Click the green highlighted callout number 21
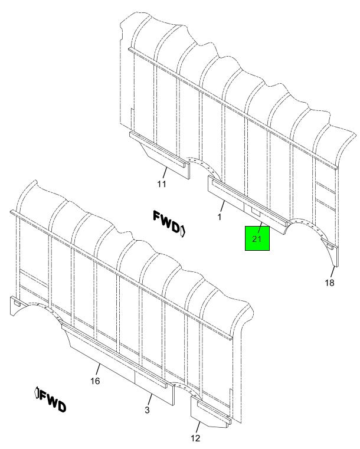[x=257, y=238]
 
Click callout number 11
[x=162, y=184]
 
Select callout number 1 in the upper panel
[x=220, y=217]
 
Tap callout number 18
[x=330, y=283]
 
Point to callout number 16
[x=95, y=381]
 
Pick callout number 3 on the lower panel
[x=147, y=410]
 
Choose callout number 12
[x=195, y=438]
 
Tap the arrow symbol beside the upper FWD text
[x=183, y=231]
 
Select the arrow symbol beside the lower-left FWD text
[x=37, y=392]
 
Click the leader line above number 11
[x=165, y=173]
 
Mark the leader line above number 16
[x=97, y=369]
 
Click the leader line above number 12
[x=198, y=427]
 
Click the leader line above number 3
[x=150, y=399]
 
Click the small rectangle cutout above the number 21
[x=256, y=212]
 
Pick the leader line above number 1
[x=222, y=207]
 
